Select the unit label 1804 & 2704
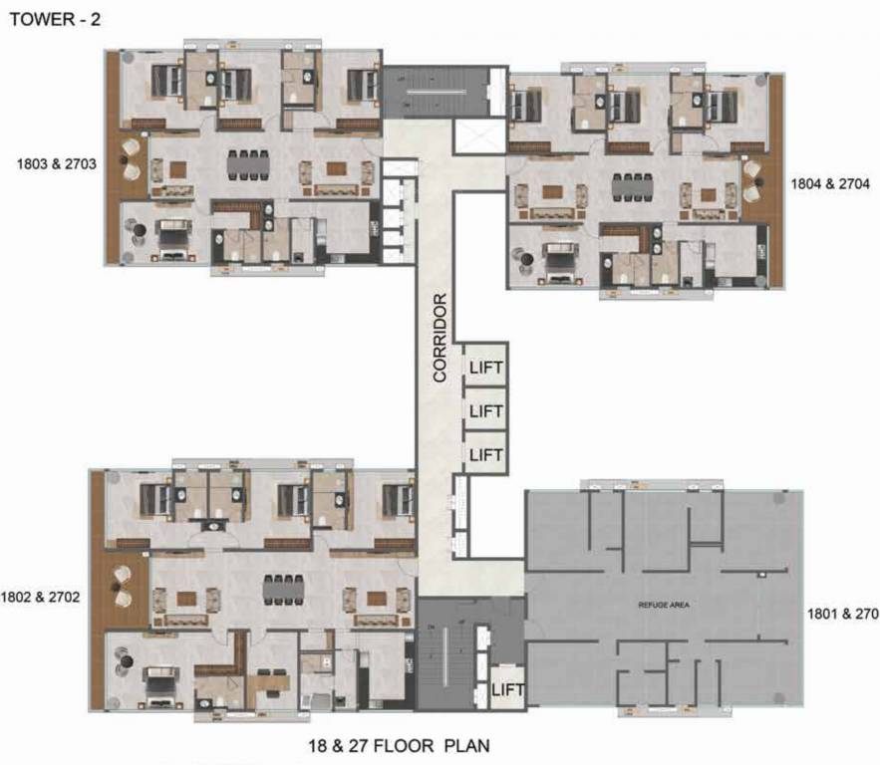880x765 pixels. point(830,183)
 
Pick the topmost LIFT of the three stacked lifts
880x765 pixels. point(485,368)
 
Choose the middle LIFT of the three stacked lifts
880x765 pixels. point(485,410)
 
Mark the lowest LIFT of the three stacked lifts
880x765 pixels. point(485,454)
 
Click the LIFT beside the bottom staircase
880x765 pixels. point(507,689)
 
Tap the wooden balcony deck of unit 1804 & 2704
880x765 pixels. point(766,184)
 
